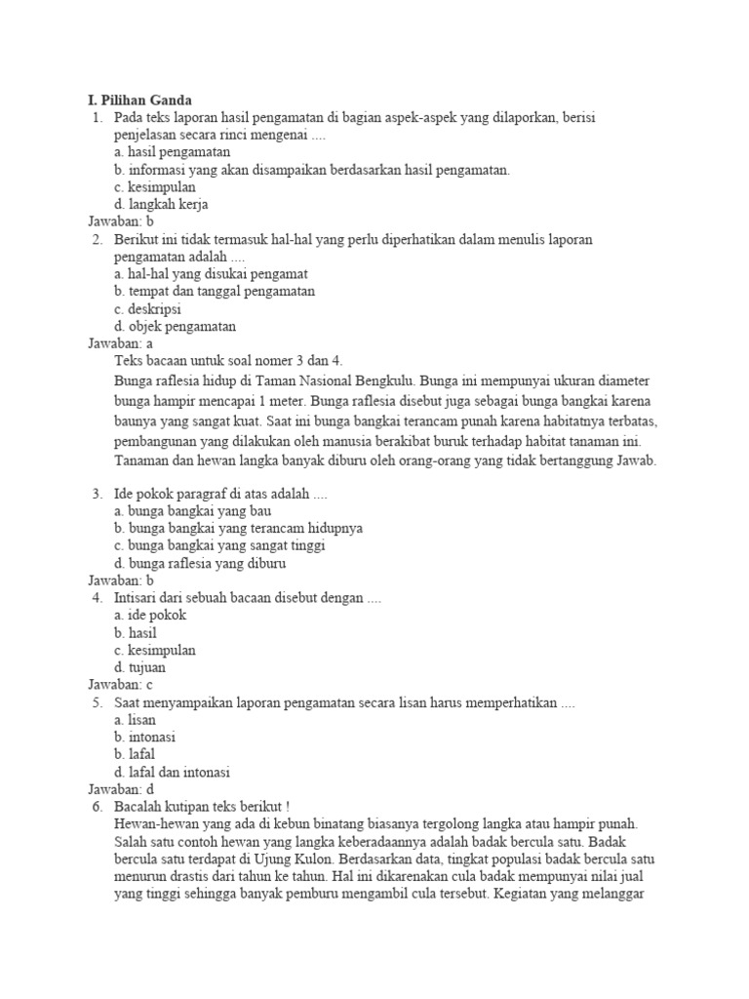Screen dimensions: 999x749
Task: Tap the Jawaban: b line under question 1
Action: tap(121, 221)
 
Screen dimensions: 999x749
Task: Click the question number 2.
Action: tap(97, 239)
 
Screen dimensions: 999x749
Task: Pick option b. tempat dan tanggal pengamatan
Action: tap(214, 292)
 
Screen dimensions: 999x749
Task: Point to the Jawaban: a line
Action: tap(121, 343)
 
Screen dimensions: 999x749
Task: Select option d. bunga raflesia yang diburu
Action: tap(200, 563)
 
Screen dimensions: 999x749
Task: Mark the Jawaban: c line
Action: tap(121, 685)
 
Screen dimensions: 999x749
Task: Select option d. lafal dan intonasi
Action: tap(172, 773)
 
